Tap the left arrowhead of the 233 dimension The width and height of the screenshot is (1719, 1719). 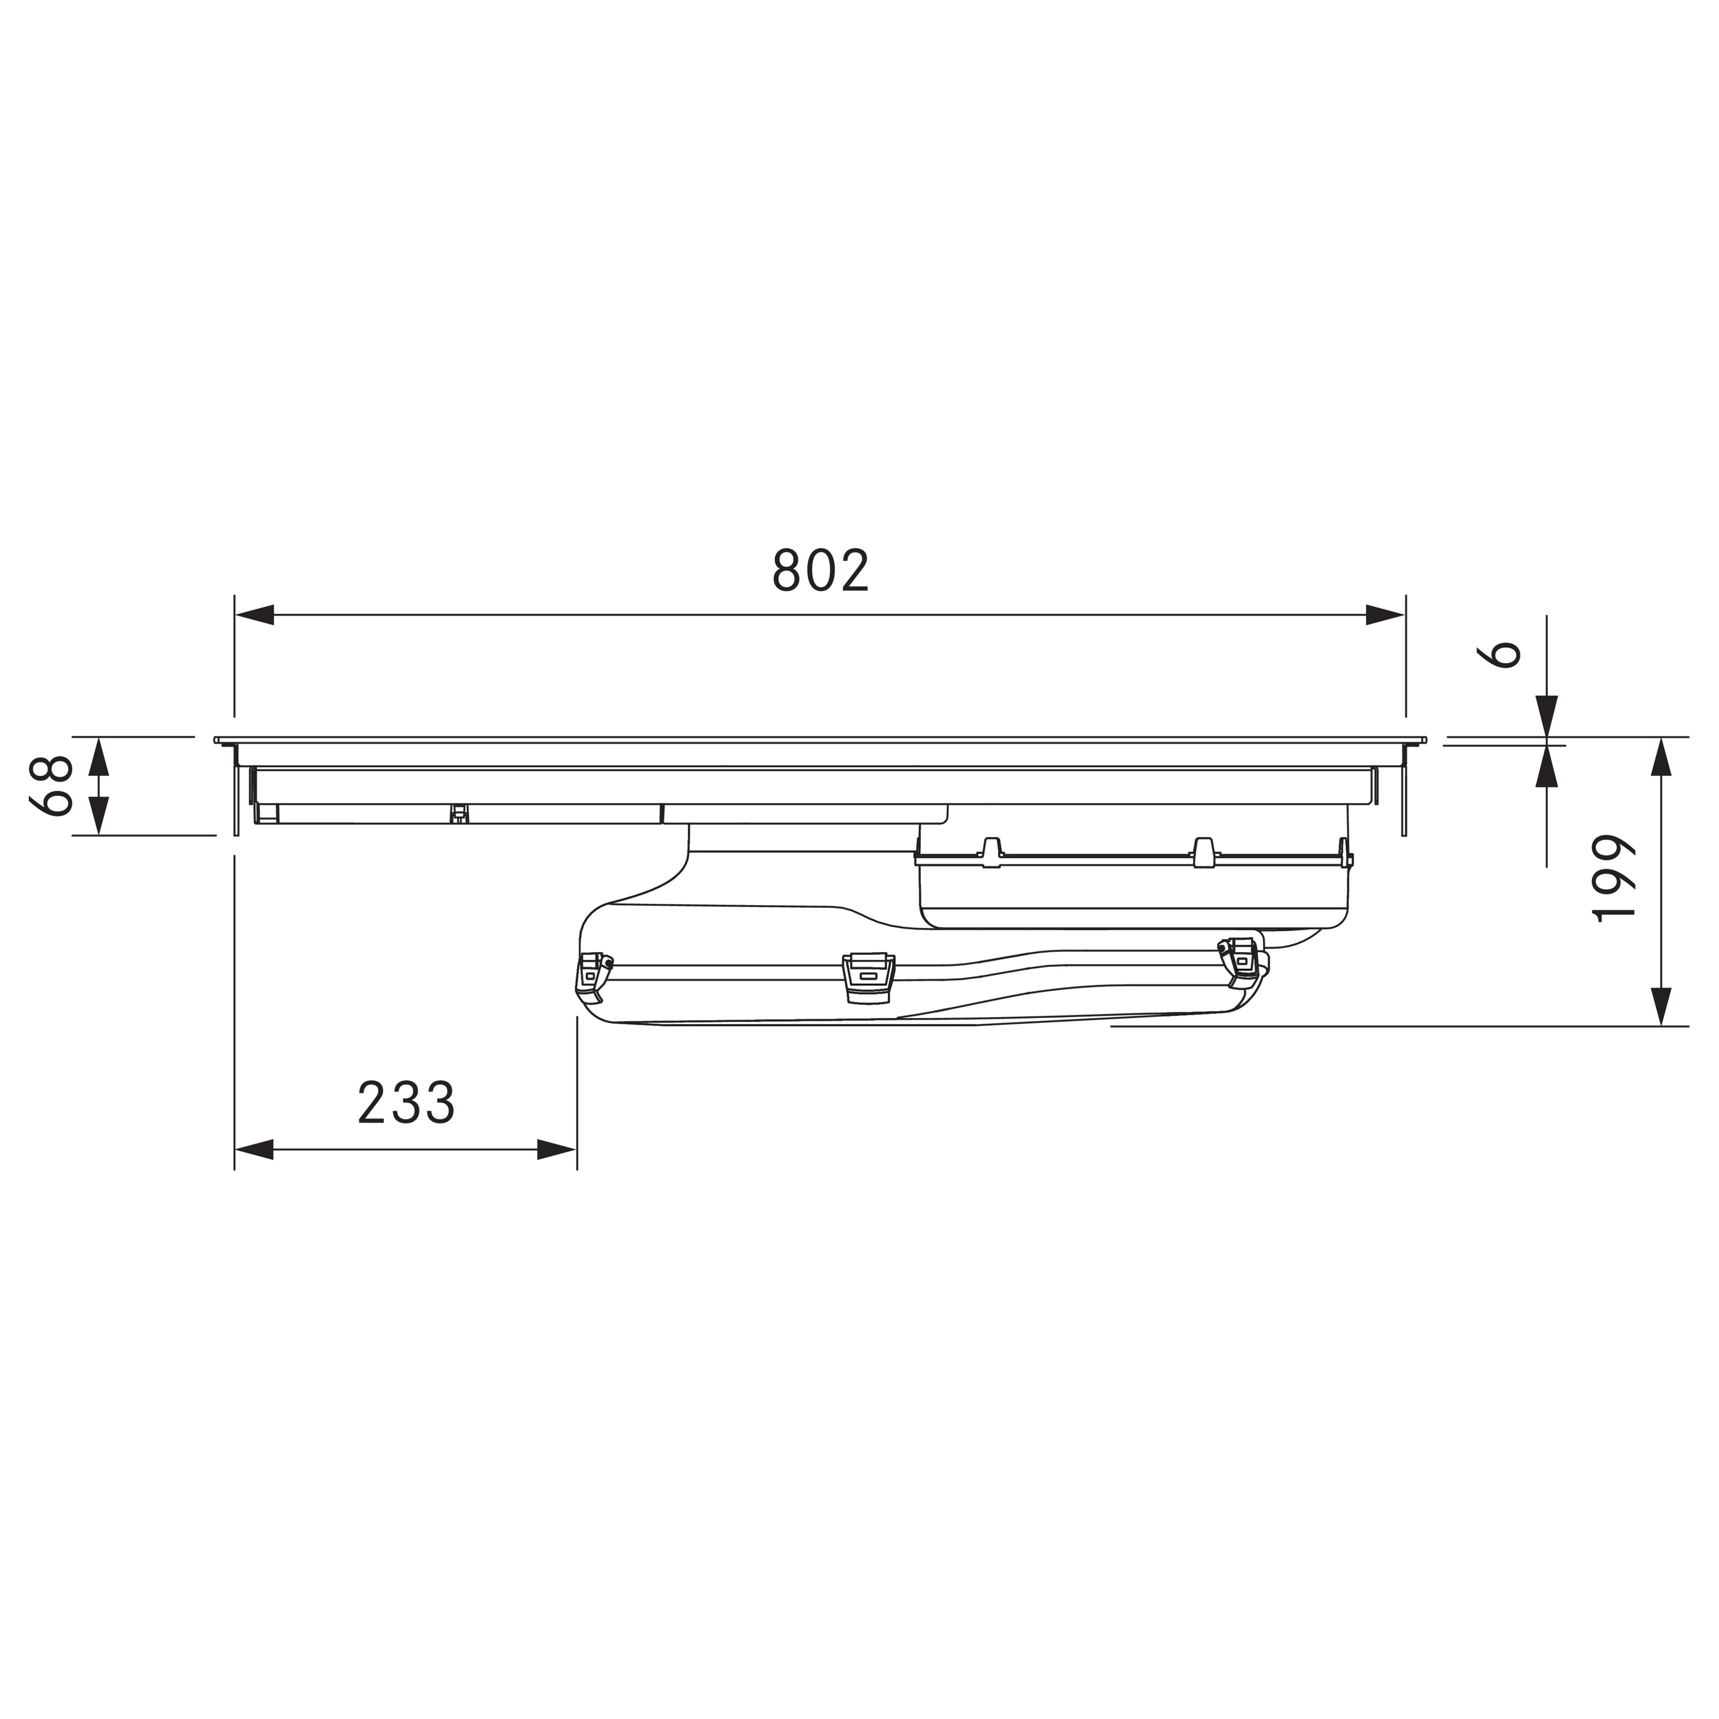pyautogui.click(x=254, y=1150)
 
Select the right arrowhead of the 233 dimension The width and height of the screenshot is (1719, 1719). pyautogui.click(x=557, y=1150)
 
